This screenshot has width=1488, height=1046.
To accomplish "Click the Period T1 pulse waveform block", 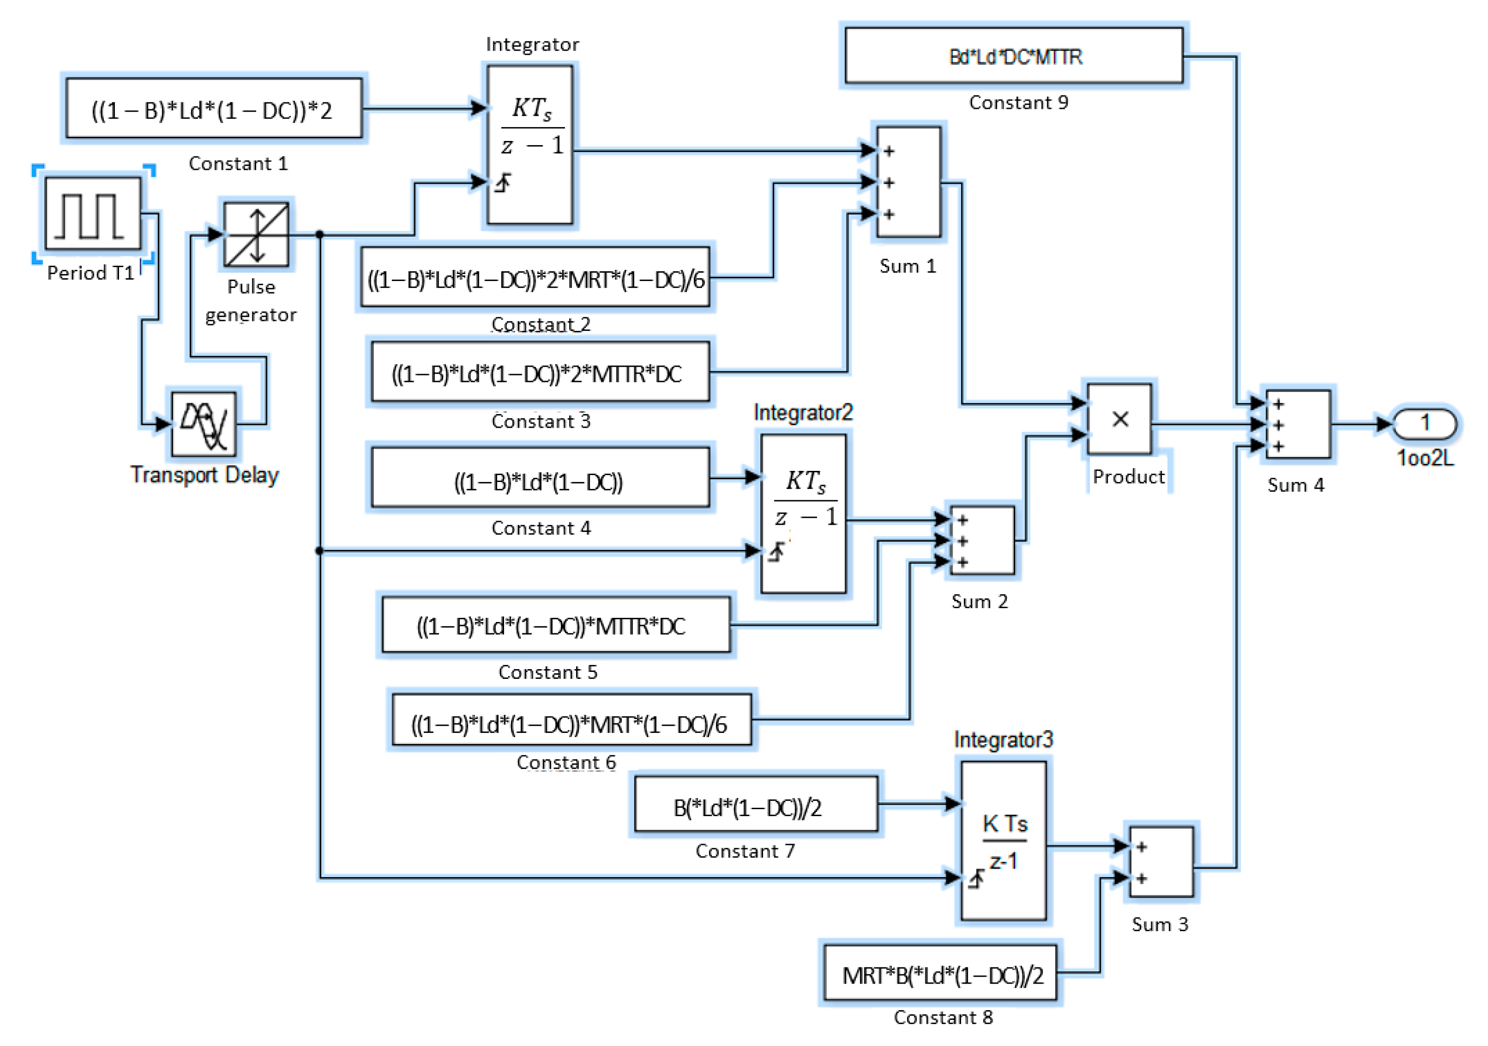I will coord(93,214).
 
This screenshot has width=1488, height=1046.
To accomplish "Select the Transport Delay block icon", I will coord(204,424).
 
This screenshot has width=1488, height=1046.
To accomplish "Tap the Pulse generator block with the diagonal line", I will coord(256,234).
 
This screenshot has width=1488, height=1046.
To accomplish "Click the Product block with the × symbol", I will coord(1119,419).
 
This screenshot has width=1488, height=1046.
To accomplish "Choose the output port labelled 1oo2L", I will coord(1424,423).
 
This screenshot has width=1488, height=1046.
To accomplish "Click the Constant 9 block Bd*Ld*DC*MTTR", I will coord(1014,56).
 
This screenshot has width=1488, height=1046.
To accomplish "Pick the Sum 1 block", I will coord(908,182).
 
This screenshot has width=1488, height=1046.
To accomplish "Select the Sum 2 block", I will coord(981,540).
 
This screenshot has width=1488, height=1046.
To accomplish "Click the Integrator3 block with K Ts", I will coord(1003,840).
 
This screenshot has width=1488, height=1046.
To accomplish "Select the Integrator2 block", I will coord(803,513).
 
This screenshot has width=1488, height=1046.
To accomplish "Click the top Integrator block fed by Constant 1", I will coord(530,144).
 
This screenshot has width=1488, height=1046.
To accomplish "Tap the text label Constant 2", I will coord(540,323).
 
